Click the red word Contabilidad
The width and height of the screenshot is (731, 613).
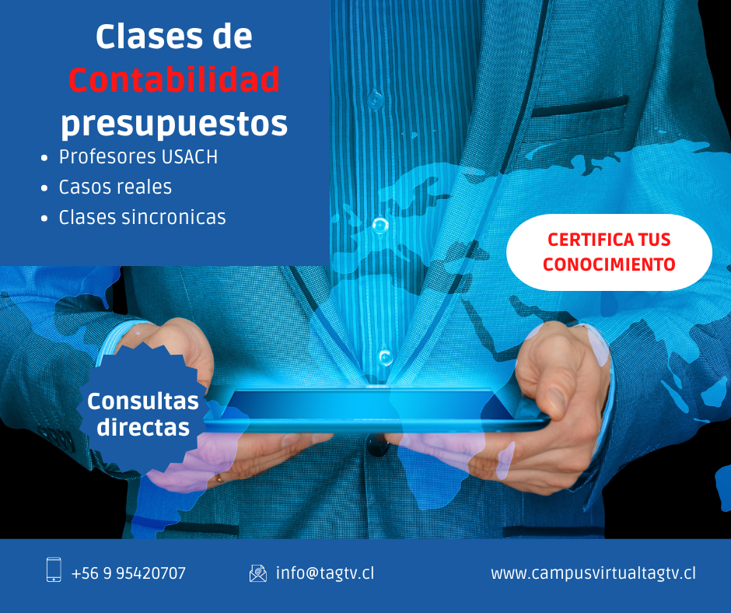click(174, 79)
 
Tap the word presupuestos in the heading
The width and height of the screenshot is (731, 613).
click(174, 124)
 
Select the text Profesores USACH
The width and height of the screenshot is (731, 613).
click(138, 156)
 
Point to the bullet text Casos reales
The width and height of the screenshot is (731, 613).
click(115, 187)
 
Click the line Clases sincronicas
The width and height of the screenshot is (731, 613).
click(142, 217)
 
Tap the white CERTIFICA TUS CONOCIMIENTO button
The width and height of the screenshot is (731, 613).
click(609, 252)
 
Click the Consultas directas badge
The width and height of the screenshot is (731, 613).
click(142, 414)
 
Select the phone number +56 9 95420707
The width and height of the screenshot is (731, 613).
click(128, 573)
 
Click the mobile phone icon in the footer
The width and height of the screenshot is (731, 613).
click(54, 569)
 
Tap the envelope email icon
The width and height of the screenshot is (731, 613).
click(258, 573)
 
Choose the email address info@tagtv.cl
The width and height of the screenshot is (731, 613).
click(325, 573)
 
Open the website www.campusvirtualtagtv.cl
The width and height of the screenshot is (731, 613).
click(593, 573)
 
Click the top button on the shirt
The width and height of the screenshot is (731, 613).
click(376, 100)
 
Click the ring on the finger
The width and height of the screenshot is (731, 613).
click(219, 478)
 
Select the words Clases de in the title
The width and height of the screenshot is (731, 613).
click(174, 37)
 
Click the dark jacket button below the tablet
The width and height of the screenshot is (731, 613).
click(378, 446)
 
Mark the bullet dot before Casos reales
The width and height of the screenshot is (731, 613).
click(44, 188)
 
